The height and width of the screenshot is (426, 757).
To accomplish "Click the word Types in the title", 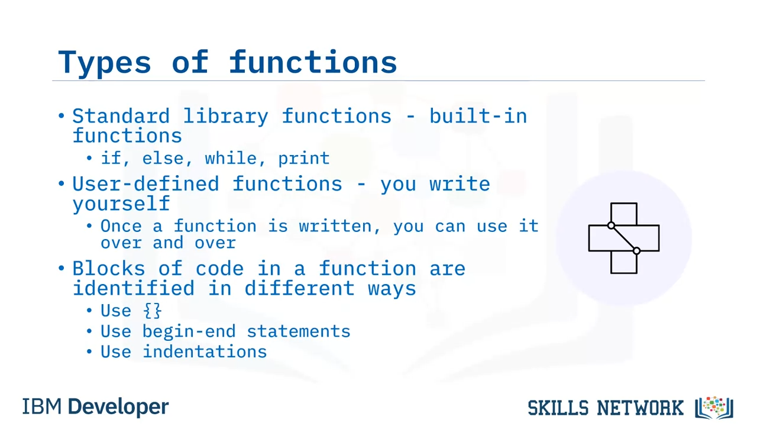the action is (105, 62).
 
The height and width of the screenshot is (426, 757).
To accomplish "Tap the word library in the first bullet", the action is (226, 117).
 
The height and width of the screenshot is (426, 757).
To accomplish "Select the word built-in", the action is (478, 116).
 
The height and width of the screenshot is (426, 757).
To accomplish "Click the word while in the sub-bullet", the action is (231, 158).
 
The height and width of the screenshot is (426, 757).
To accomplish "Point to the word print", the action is (304, 159).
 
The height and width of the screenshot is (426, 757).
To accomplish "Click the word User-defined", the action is (146, 184).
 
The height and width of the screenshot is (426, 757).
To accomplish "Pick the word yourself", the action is (121, 204).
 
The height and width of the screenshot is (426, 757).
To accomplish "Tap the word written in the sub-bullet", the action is (339, 226).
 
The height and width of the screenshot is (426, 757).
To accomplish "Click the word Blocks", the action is (109, 269).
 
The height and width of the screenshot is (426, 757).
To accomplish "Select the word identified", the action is (134, 288).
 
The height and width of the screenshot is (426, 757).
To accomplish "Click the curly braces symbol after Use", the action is (153, 311).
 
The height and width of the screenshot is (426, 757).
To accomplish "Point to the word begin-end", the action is (189, 331).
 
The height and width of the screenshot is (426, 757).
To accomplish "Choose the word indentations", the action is (205, 351).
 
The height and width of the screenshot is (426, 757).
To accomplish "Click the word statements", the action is (299, 331).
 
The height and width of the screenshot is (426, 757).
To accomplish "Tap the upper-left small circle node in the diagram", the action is (611, 225).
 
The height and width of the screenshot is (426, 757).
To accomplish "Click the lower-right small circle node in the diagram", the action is (637, 251).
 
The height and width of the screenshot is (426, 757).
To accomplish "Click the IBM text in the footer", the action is (42, 406).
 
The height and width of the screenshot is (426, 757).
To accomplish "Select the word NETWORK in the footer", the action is (640, 408).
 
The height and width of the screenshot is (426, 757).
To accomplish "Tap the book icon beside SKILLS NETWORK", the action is (714, 408).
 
